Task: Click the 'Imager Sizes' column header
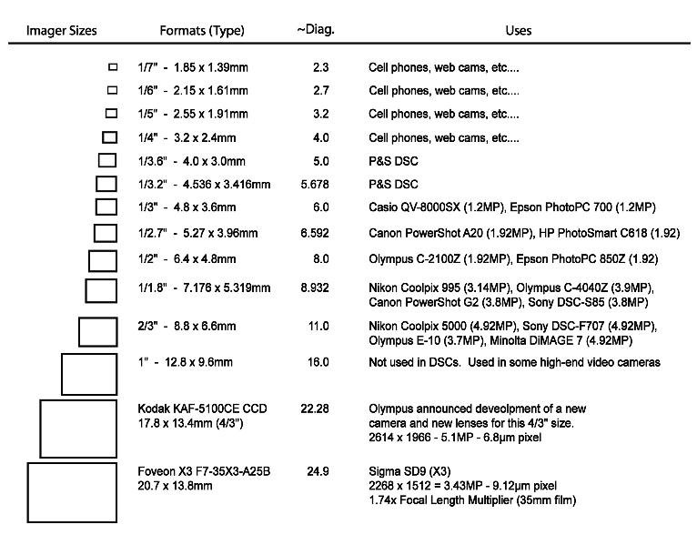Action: tap(61, 30)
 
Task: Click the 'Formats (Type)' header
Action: tap(202, 30)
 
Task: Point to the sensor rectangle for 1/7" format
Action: tap(113, 66)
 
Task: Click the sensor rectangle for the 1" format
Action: tap(88, 374)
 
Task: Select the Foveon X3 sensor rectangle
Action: tap(72, 492)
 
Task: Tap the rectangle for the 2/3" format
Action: tap(97, 331)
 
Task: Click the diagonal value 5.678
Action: tap(315, 185)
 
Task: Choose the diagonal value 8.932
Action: tap(315, 288)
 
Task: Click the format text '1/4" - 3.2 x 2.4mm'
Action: tap(192, 137)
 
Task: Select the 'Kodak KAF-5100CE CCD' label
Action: tap(202, 409)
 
